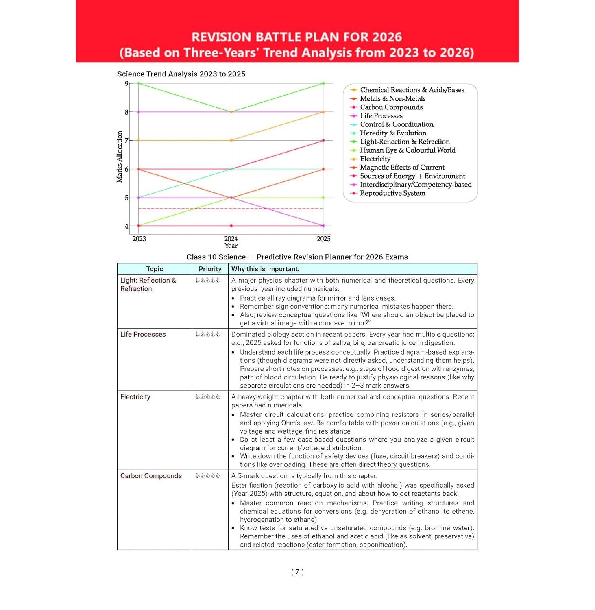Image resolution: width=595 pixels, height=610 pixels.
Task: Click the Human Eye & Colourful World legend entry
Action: (x=407, y=150)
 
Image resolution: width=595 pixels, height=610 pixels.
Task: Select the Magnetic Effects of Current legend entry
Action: (x=402, y=167)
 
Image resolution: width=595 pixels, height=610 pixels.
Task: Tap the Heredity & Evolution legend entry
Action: (x=393, y=133)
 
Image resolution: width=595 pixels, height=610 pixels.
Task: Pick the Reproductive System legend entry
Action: (x=392, y=193)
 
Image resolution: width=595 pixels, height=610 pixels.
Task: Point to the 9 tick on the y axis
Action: (x=126, y=84)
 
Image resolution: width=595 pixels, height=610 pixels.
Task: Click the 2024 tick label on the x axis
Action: (x=231, y=239)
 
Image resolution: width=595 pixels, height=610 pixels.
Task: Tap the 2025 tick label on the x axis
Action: (x=323, y=239)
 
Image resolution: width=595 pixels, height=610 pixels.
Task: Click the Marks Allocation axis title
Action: (x=119, y=157)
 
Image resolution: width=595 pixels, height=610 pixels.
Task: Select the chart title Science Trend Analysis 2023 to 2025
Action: (x=181, y=74)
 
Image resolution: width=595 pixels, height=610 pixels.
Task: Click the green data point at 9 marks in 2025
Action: (x=323, y=83)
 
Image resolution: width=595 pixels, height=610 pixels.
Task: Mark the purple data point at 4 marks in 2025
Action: (x=323, y=226)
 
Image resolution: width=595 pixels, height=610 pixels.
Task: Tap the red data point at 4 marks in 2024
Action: (x=231, y=226)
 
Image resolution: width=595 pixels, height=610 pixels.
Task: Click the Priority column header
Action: (x=210, y=269)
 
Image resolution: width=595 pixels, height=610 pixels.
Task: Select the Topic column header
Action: (x=155, y=269)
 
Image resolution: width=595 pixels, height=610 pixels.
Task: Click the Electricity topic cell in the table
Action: (x=135, y=397)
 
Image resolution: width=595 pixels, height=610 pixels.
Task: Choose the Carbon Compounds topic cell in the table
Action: (x=151, y=476)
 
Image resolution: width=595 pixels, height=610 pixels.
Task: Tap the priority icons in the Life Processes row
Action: (x=208, y=334)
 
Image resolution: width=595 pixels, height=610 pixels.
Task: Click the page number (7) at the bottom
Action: (x=297, y=572)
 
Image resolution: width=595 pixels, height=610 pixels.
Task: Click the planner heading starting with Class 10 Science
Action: (x=297, y=257)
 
